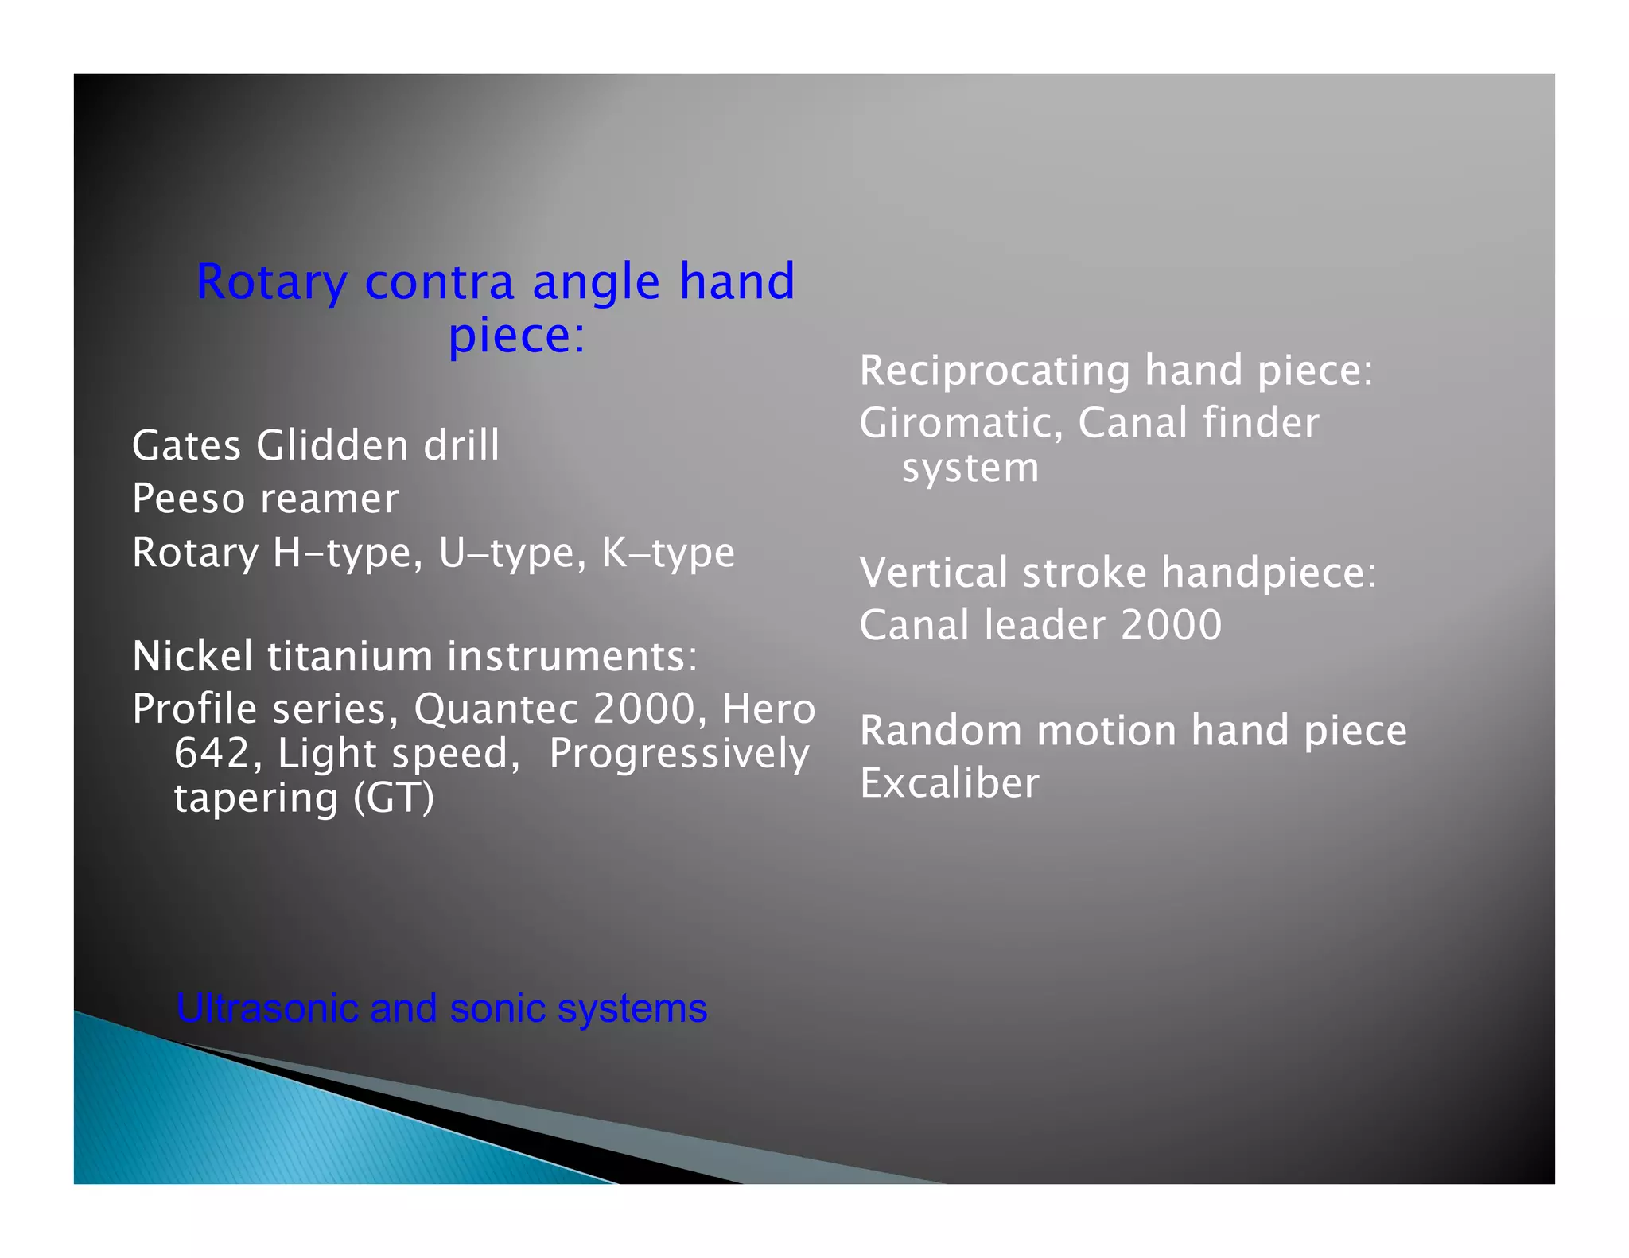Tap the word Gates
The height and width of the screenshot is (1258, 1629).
click(186, 445)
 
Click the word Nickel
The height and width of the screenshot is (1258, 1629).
click(193, 656)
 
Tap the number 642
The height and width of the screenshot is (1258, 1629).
click(212, 753)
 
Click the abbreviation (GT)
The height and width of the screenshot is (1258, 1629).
click(394, 798)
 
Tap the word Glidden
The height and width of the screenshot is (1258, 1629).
click(332, 445)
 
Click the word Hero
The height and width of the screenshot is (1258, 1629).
click(768, 709)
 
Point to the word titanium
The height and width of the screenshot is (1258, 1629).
click(350, 656)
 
